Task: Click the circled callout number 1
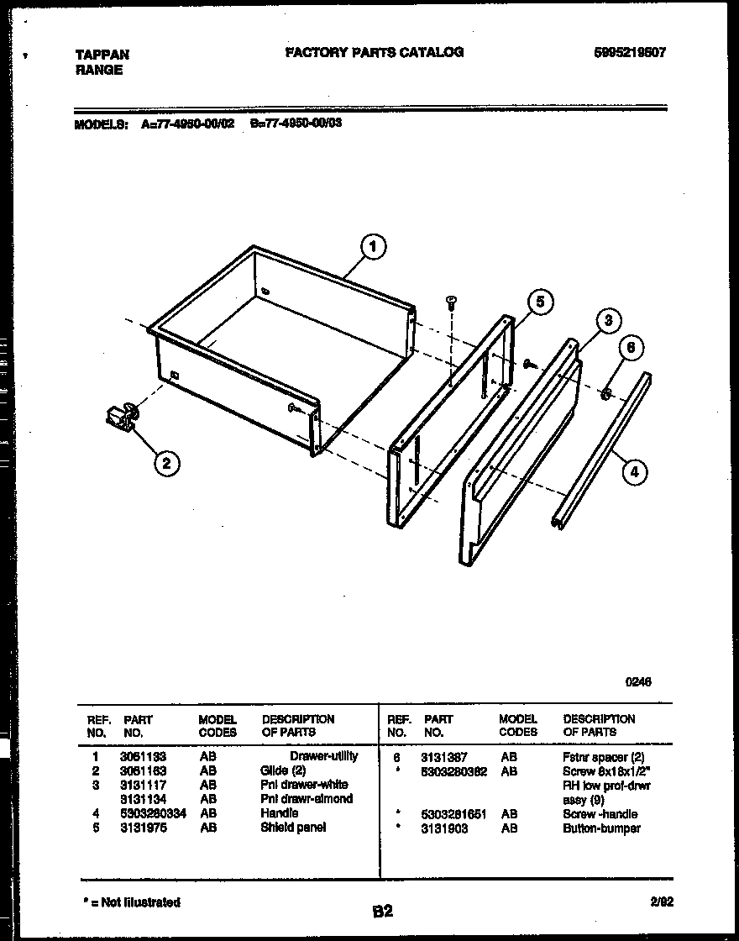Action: pos(373,247)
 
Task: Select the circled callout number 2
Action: pos(166,462)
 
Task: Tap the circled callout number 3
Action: pos(608,321)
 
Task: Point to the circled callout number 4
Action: pos(634,472)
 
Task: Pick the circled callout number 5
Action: pos(541,302)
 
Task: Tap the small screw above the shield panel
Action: pos(451,301)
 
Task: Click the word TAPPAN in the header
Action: pos(102,55)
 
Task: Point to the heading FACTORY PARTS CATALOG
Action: pos(374,52)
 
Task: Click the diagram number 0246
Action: pos(637,682)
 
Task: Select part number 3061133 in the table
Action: pos(143,756)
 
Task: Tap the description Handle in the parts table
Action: pos(280,813)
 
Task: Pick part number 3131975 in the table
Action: pos(143,828)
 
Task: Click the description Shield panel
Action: pos(293,828)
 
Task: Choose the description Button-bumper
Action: pos(601,828)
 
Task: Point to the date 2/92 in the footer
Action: pos(662,902)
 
